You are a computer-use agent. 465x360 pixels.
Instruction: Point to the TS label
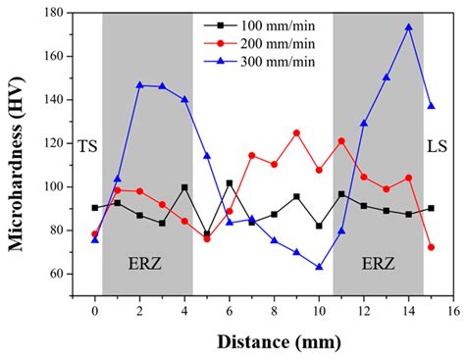click(87, 144)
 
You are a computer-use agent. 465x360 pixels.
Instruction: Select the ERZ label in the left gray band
click(148, 265)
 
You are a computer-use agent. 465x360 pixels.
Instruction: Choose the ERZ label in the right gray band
click(379, 265)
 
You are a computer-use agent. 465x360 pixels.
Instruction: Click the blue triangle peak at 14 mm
click(408, 27)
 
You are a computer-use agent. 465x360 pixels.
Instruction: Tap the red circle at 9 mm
click(296, 132)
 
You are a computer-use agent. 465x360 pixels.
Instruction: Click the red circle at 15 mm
click(431, 247)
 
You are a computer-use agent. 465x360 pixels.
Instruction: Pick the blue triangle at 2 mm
click(139, 85)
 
